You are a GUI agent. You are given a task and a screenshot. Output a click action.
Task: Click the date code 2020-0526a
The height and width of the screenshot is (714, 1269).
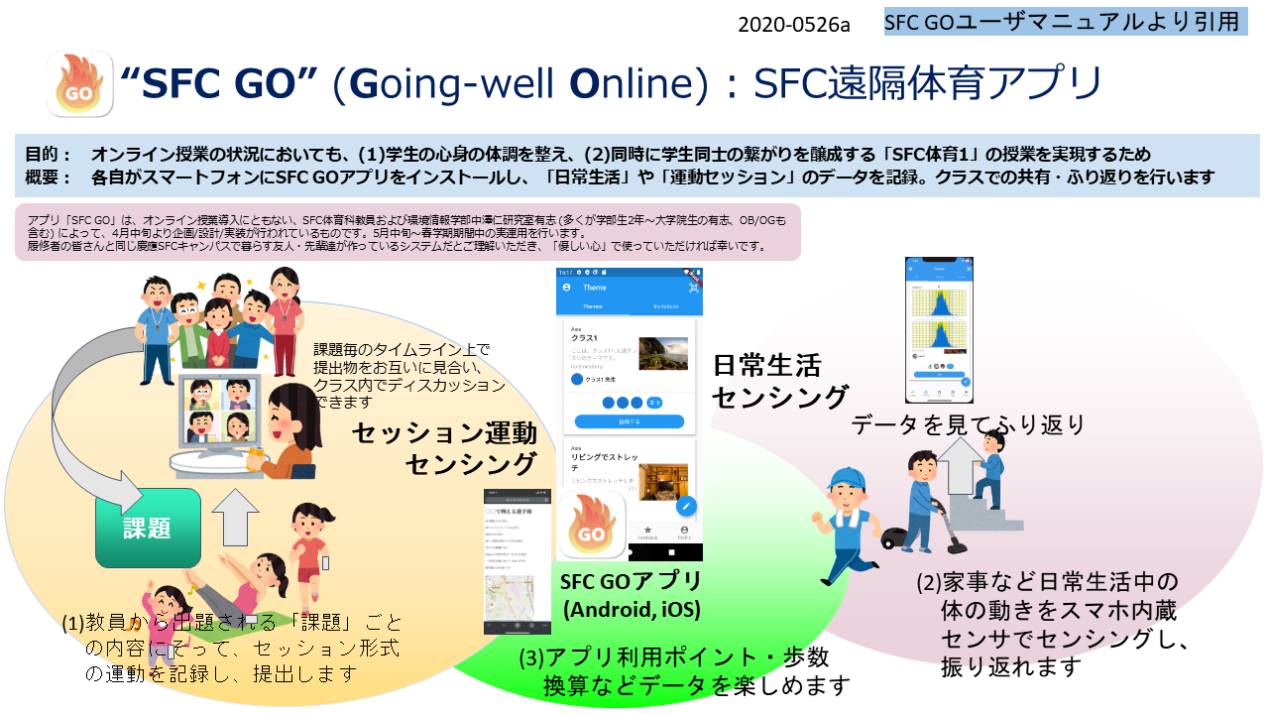pos(793,25)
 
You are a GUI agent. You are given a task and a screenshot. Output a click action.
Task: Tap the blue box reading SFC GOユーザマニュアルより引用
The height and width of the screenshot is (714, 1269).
pos(1065,22)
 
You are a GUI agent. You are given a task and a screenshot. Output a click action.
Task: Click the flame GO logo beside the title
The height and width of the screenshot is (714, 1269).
pos(80,85)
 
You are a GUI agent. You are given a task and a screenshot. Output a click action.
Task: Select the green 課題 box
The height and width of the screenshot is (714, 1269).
pos(147,528)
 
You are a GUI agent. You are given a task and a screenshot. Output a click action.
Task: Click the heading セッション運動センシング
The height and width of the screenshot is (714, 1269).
pos(444,447)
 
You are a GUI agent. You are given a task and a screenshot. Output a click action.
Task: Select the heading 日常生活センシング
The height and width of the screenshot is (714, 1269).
pos(780,381)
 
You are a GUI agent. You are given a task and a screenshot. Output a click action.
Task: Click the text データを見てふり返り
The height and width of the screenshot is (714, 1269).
pos(968,424)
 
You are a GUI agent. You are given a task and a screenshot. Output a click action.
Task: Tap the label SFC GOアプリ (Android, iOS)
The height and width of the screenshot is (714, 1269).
pos(632,594)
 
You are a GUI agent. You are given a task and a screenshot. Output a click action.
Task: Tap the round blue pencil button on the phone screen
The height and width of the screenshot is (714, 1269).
pos(686,506)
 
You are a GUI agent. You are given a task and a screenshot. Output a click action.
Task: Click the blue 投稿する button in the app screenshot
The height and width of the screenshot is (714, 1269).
pos(630,421)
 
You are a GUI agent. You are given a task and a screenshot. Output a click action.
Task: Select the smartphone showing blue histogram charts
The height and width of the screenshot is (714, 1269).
pos(938,330)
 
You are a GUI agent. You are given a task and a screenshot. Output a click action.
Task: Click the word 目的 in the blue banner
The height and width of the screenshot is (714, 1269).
pos(49,155)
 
